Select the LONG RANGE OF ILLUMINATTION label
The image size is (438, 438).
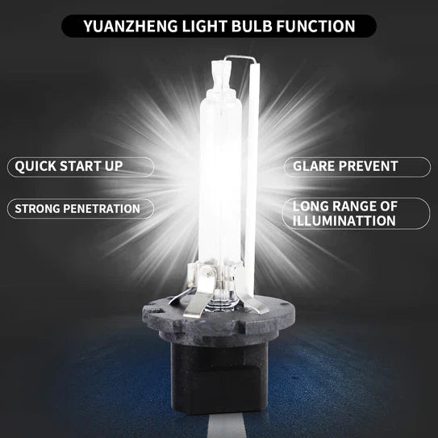355,213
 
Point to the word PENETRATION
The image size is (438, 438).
106,209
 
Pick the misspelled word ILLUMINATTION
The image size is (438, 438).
344,220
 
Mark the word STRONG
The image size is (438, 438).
35,209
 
